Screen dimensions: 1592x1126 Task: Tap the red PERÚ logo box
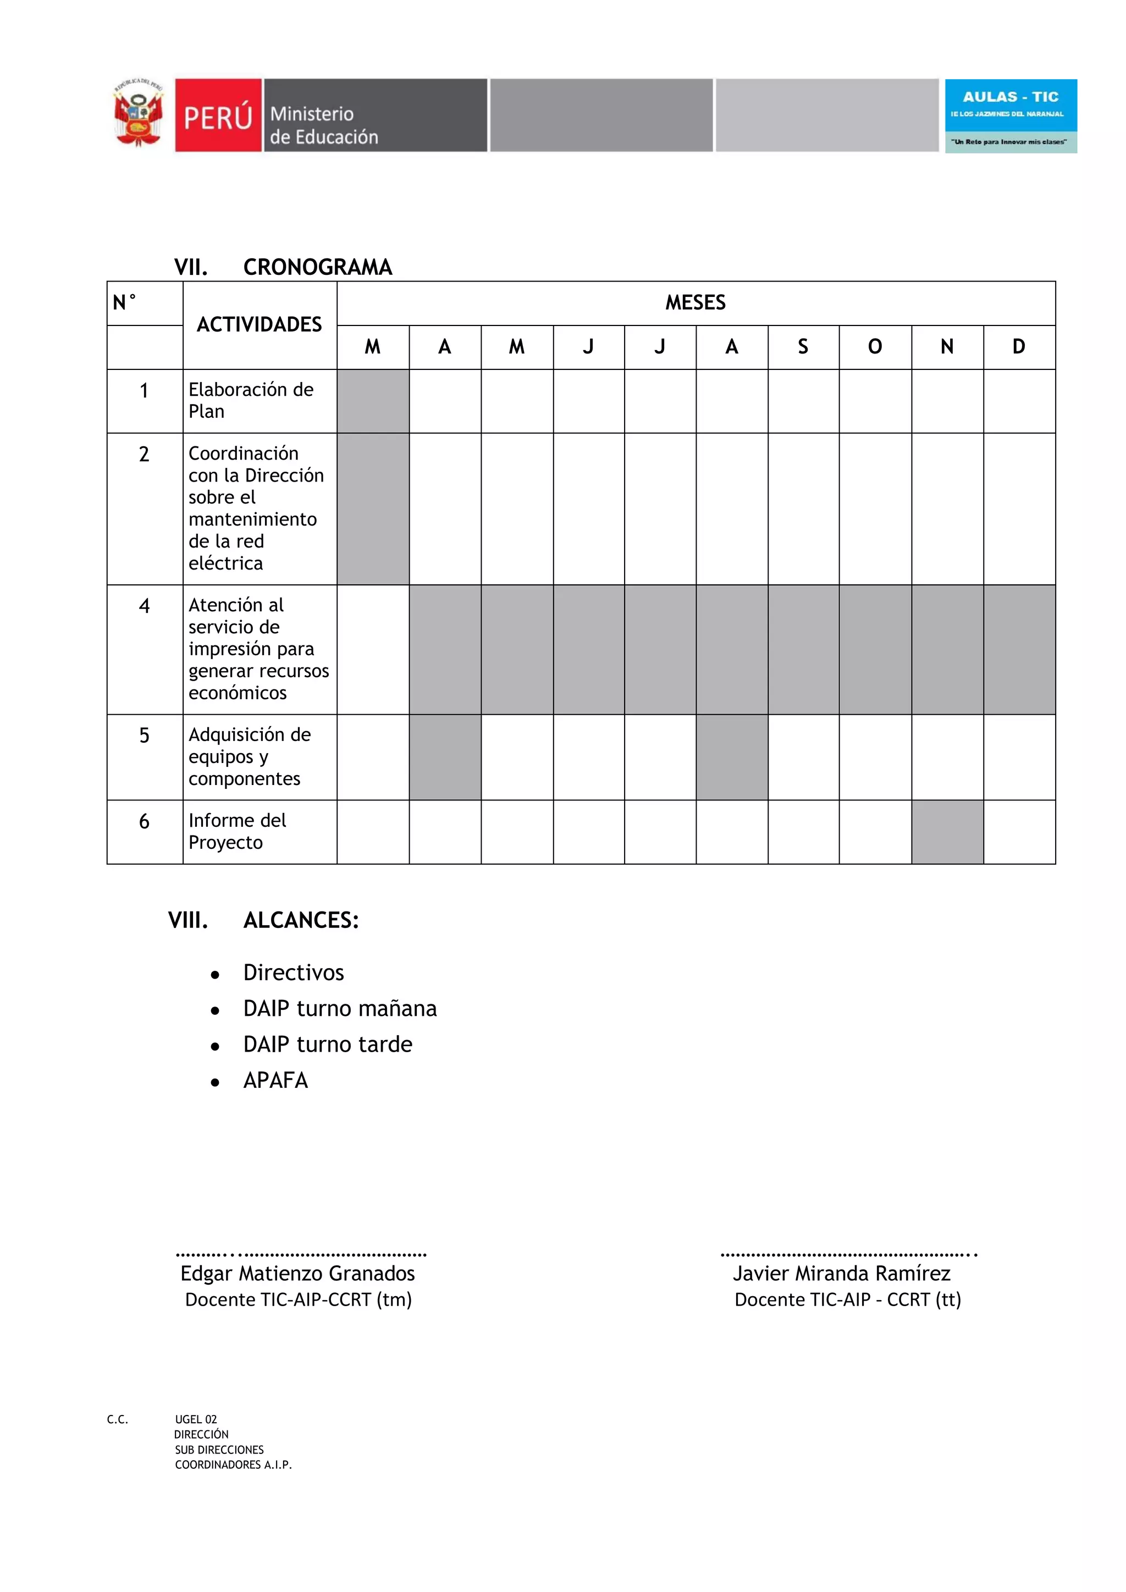coord(218,115)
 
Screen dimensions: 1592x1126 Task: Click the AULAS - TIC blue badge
coord(1010,115)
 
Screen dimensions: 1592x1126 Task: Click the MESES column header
coord(695,303)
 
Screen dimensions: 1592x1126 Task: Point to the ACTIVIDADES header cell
coord(260,324)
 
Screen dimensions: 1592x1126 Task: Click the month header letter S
coord(803,347)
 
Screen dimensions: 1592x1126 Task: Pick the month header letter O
coord(875,347)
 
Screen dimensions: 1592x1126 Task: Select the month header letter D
coord(1019,347)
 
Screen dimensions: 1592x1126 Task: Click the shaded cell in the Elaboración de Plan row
coord(373,401)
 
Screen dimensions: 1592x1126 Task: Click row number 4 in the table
coord(144,606)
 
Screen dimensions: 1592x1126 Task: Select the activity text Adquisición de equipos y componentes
coord(250,756)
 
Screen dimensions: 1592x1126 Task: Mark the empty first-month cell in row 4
coord(373,649)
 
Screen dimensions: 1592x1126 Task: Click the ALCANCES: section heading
coord(301,920)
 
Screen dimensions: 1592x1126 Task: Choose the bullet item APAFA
coord(275,1080)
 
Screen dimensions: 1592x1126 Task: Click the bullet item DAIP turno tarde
coord(327,1044)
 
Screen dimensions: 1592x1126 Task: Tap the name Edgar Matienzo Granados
coord(297,1273)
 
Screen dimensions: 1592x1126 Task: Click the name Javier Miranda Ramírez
coord(842,1273)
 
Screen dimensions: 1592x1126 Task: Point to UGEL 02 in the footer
coord(196,1419)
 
